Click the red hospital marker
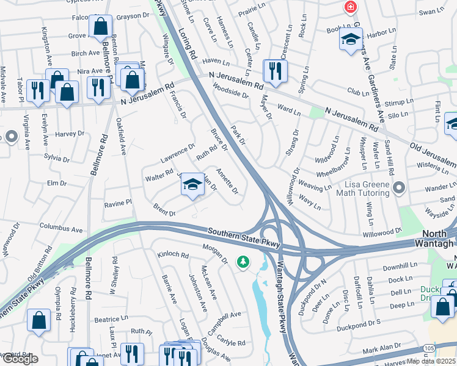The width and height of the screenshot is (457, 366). [350, 7]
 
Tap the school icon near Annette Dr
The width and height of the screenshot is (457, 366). [192, 186]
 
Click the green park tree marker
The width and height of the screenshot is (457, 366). [244, 262]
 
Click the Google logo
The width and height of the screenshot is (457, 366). [20, 359]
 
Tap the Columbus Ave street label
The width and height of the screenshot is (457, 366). [60, 229]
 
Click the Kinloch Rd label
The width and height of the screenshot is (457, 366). [172, 254]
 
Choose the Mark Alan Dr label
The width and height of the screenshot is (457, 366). [381, 351]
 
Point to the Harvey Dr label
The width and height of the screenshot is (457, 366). [69, 134]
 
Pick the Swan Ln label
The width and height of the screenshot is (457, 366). [430, 12]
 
